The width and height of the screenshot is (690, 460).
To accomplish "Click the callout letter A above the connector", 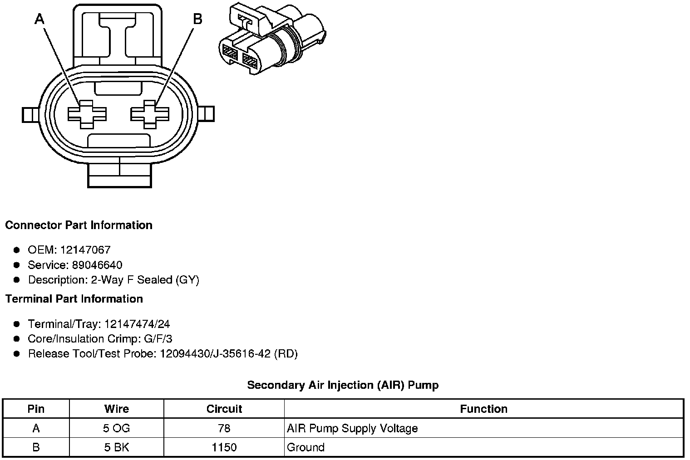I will [x=40, y=19].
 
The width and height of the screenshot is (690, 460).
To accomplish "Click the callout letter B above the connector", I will [x=197, y=19].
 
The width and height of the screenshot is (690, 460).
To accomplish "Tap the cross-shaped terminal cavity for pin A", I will [x=87, y=114].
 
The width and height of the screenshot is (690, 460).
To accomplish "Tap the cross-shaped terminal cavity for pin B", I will [x=150, y=114].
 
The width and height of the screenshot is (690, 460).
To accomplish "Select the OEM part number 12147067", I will [x=85, y=250].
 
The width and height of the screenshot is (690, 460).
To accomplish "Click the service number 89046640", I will [x=97, y=265].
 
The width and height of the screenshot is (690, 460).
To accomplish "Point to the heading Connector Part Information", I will [x=79, y=225].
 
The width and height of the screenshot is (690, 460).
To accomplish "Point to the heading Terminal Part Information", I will [x=74, y=299].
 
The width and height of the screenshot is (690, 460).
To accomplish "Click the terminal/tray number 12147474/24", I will [x=137, y=324].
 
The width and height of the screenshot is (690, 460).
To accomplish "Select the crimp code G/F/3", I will [x=157, y=339].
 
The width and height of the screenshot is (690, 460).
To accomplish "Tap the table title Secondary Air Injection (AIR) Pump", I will [x=343, y=386].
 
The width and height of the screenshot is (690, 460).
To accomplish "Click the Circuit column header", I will [x=224, y=409].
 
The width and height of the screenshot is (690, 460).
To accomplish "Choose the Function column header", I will [x=483, y=409].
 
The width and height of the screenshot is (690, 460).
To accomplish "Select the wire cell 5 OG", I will [x=117, y=428].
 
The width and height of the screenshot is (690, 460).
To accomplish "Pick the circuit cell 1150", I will [x=224, y=447].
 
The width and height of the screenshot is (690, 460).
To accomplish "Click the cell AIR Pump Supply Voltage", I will [x=352, y=428].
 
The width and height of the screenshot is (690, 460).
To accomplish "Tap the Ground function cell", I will [x=306, y=447].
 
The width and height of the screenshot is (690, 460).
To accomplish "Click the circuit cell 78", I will [x=224, y=428].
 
